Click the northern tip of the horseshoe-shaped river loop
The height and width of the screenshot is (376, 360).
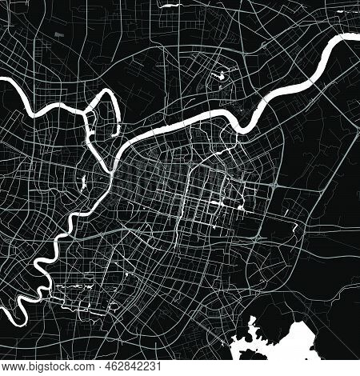coord(104,95)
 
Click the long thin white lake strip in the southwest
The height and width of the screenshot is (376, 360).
coord(76,285)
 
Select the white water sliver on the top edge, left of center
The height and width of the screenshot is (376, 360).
coord(168,4)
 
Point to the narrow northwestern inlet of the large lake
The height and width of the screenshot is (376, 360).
coord(255,305)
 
